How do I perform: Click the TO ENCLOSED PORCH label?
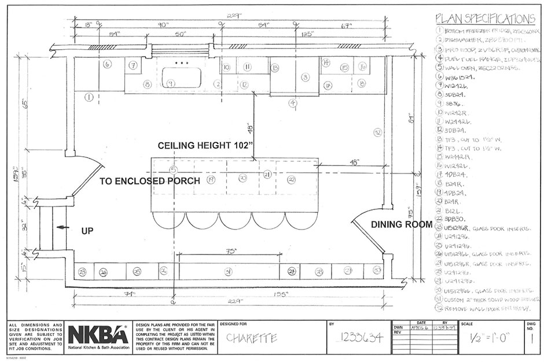click(150, 181)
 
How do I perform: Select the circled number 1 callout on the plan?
click(89, 98)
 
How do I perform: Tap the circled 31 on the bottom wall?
click(228, 271)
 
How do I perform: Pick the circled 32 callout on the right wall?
click(377, 132)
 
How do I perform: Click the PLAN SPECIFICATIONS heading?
click(484, 19)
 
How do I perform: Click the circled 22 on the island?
click(292, 180)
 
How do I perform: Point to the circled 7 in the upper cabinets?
click(133, 65)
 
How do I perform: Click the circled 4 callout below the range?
click(293, 103)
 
